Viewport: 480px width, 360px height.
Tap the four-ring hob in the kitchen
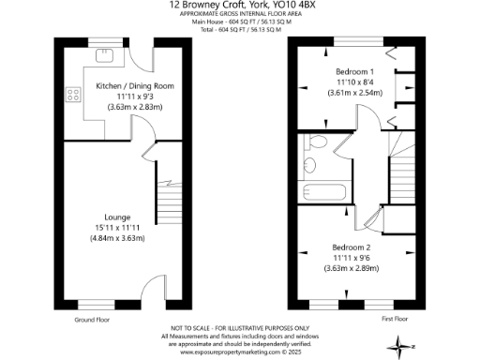[71, 94]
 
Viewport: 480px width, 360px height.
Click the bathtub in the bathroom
[325, 194]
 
